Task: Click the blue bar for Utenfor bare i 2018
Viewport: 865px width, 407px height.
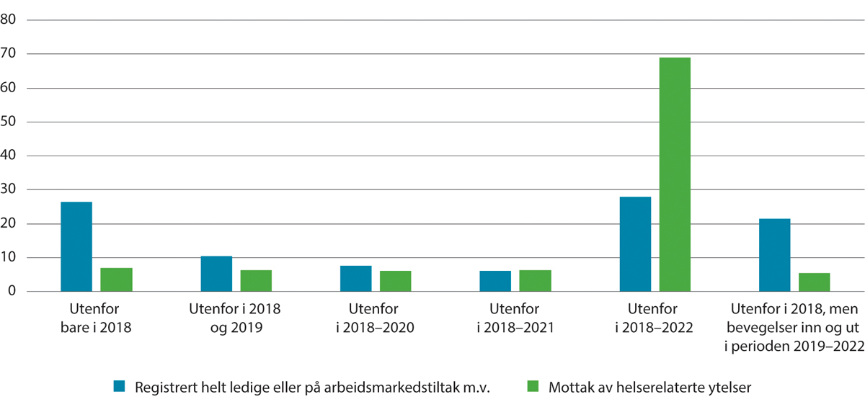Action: (x=76, y=246)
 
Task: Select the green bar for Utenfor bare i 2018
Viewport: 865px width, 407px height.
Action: (x=116, y=279)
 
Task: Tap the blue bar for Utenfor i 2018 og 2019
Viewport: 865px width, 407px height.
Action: (x=216, y=274)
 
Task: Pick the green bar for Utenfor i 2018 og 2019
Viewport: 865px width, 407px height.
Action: (x=256, y=281)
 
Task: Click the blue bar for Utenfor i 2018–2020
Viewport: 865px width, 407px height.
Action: (x=356, y=279)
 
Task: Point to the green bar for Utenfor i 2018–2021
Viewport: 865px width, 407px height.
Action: (x=536, y=281)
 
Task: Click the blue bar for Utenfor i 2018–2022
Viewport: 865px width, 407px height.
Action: (x=635, y=244)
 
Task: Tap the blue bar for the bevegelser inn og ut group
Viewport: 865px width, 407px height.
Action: (x=775, y=255)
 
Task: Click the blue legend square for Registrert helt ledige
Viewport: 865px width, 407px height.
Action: (x=120, y=387)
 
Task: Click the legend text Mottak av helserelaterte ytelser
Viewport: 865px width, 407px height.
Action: (x=647, y=387)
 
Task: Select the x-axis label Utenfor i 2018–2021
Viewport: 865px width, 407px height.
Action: (x=515, y=318)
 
